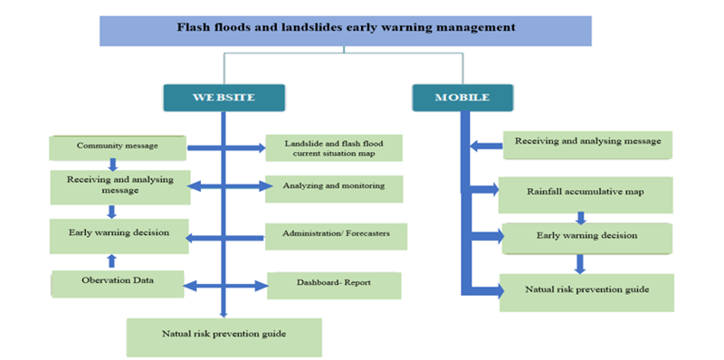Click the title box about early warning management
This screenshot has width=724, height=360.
pyautogui.click(x=345, y=29)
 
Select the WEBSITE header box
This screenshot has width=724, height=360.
pyautogui.click(x=224, y=97)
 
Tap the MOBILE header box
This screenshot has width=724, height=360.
pyautogui.click(x=462, y=97)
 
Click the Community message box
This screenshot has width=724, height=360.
pyautogui.click(x=118, y=146)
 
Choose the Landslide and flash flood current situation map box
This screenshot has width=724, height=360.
pyautogui.click(x=333, y=147)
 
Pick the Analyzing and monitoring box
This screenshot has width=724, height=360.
pyautogui.click(x=333, y=187)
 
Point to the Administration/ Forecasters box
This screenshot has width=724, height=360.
pyautogui.click(x=336, y=236)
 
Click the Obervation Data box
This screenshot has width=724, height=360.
pyautogui.click(x=119, y=282)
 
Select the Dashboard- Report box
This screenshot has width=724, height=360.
pyautogui.click(x=333, y=285)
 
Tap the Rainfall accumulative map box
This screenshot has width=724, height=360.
pyautogui.click(x=586, y=193)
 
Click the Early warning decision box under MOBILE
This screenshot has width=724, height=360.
pyautogui.click(x=586, y=237)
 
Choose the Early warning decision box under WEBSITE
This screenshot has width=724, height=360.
pyautogui.click(x=119, y=234)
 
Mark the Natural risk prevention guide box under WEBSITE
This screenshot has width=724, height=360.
pyautogui.click(x=223, y=336)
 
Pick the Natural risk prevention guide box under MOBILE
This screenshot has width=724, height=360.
pyautogui.click(x=586, y=291)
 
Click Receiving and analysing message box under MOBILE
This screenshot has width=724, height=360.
pyautogui.click(x=587, y=143)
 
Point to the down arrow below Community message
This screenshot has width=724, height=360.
pyautogui.click(x=113, y=165)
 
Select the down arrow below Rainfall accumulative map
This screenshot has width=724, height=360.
pyautogui.click(x=581, y=217)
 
